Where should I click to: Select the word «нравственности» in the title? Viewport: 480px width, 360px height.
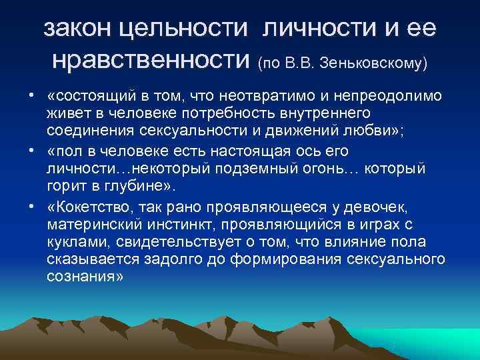151,61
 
